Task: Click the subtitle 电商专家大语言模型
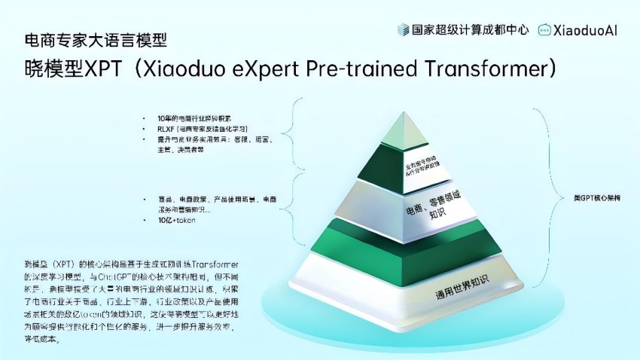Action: click(x=96, y=38)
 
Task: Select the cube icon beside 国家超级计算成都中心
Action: click(x=403, y=31)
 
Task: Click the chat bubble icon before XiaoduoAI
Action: click(x=544, y=31)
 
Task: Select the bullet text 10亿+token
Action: click(x=176, y=220)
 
